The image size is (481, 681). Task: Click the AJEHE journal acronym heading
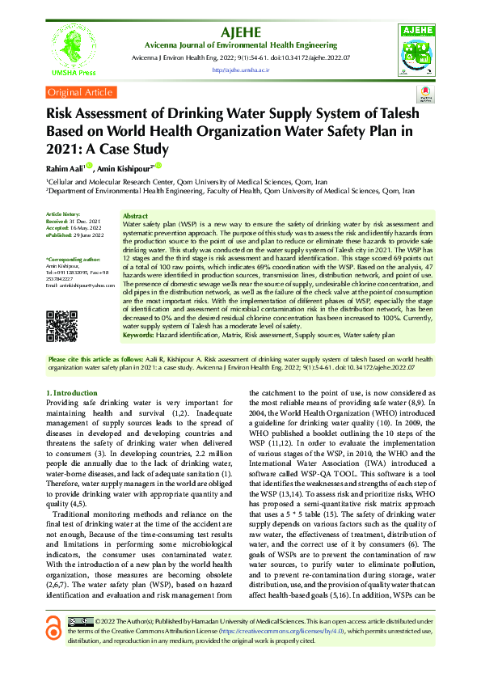point(239,32)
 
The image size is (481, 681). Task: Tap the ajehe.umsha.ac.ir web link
point(240,70)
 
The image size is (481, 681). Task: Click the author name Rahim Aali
point(65,167)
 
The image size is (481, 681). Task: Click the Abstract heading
point(135,216)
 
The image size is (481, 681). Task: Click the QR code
point(61,326)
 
